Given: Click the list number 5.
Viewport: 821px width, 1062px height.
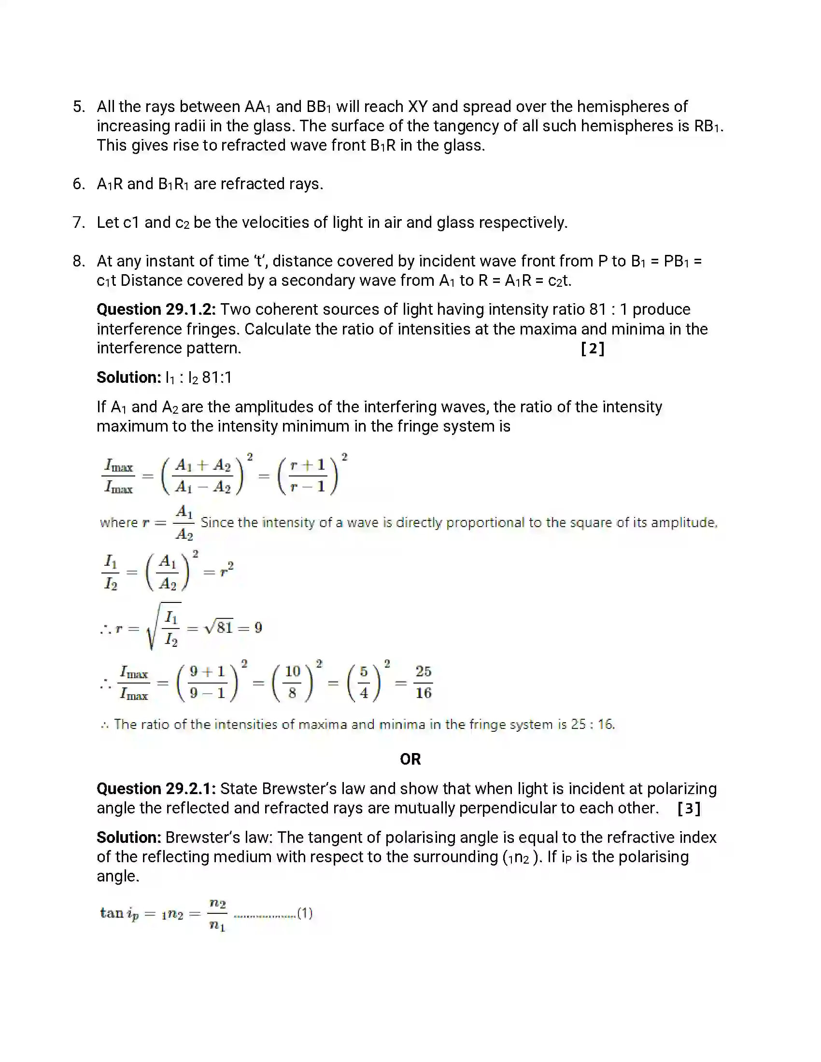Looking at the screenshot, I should point(78,107).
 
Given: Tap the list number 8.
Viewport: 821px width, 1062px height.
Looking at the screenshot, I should point(78,261).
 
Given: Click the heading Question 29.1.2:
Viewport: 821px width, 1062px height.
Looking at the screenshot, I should point(156,309).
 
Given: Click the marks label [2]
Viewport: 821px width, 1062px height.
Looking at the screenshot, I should point(593,349).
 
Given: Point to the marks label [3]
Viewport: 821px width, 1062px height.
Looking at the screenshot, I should point(689,809).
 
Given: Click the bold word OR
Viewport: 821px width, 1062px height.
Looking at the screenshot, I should point(410,759).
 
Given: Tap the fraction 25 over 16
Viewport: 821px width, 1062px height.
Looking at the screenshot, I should point(423,682).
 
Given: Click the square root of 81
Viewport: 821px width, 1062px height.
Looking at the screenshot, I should point(219,627).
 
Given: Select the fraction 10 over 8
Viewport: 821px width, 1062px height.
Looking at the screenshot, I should point(292,682).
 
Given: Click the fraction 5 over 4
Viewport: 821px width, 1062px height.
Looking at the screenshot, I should point(364,682).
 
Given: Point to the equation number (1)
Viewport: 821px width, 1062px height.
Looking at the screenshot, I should point(304,913).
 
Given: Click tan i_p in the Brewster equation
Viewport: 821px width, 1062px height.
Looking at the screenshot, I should point(119,913).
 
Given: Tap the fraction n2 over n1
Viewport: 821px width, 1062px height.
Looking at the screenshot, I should point(217,915).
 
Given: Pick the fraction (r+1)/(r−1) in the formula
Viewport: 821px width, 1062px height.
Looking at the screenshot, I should point(307,475).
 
